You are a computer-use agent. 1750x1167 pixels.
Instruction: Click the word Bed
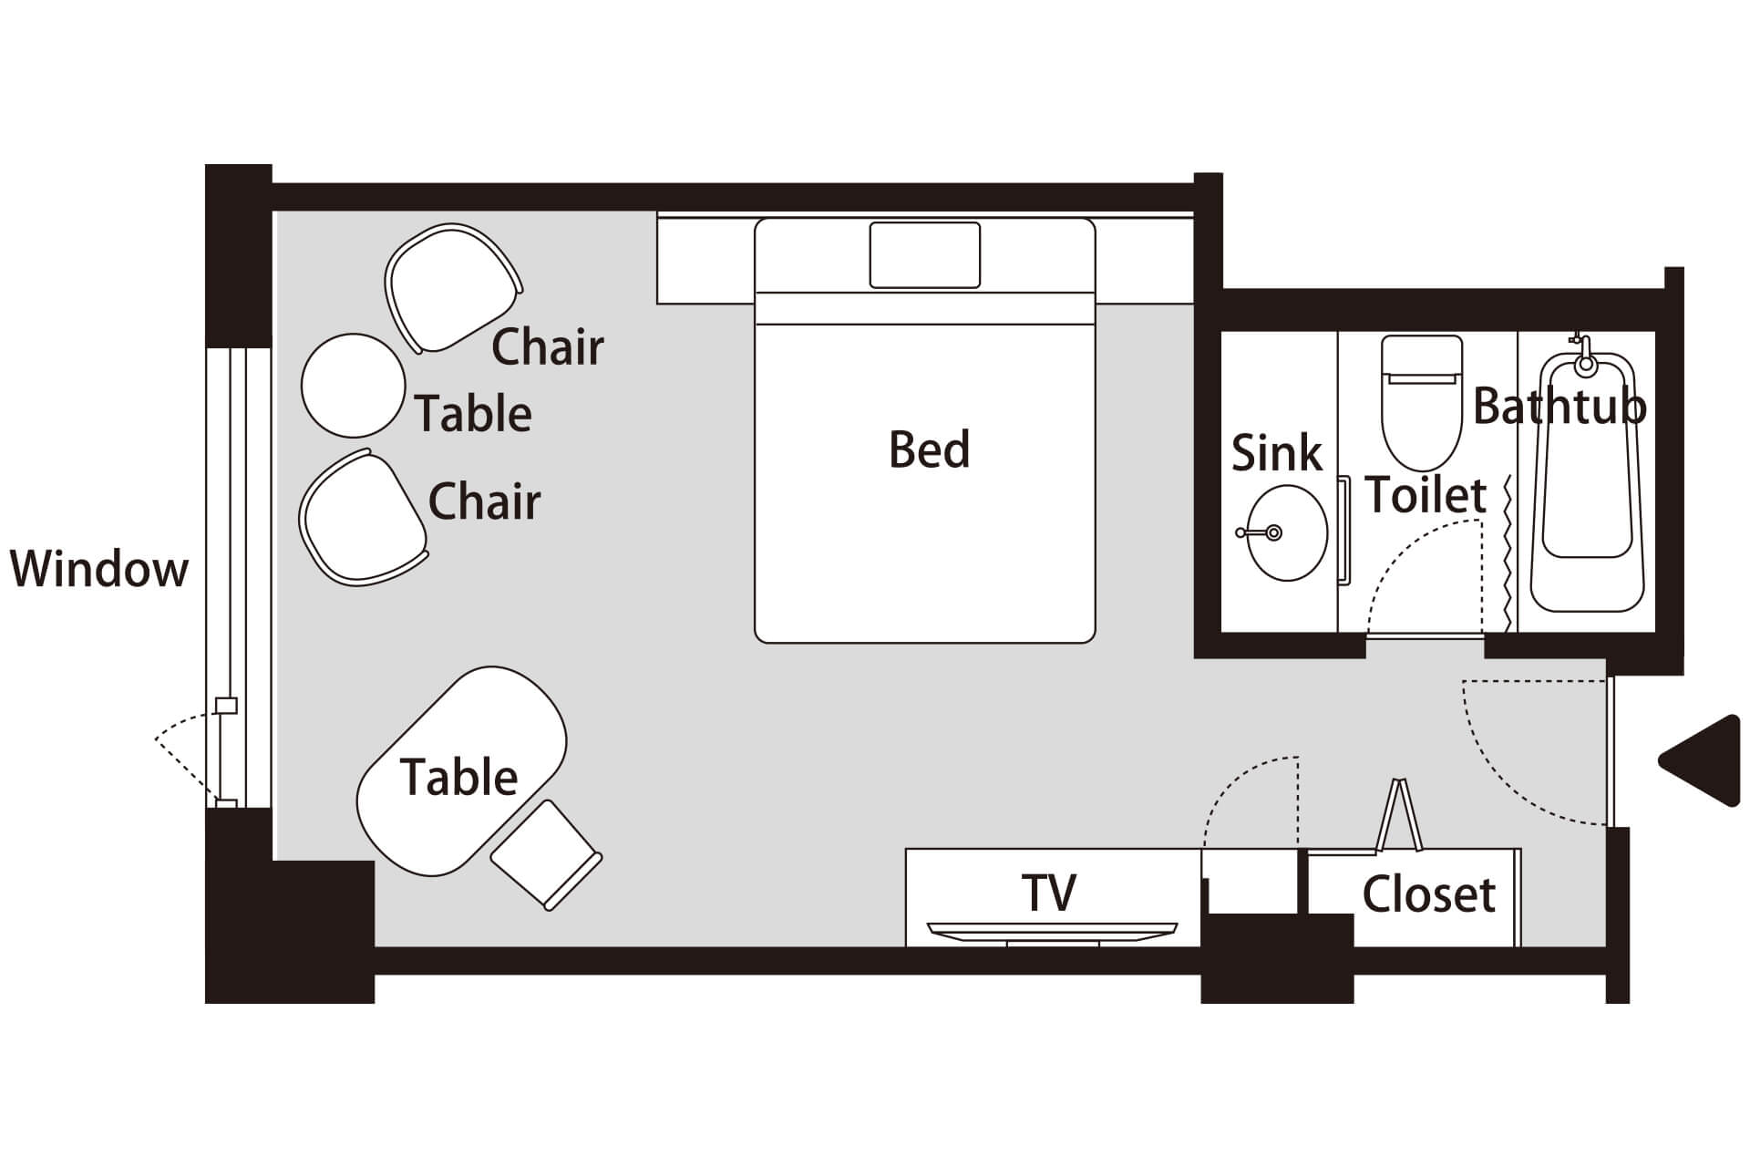click(x=929, y=449)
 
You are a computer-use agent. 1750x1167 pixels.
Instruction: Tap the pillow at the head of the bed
click(x=924, y=254)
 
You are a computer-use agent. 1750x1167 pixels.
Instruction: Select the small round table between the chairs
click(x=353, y=385)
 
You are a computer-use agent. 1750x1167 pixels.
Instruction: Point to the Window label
click(x=98, y=569)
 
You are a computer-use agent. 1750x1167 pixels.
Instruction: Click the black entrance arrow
click(x=1703, y=760)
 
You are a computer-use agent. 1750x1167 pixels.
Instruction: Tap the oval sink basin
click(x=1286, y=533)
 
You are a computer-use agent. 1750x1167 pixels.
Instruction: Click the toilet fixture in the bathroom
click(x=1422, y=401)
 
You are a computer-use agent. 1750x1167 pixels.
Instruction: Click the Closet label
click(x=1428, y=895)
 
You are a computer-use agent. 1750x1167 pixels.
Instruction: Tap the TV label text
click(x=1048, y=893)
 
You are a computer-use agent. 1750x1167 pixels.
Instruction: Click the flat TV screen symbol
click(x=1052, y=931)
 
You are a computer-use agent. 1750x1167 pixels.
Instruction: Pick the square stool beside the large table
click(x=546, y=854)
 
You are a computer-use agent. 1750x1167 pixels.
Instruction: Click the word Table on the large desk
click(x=458, y=778)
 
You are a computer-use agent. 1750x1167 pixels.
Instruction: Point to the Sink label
click(x=1276, y=453)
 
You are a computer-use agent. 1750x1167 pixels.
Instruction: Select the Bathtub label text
click(x=1560, y=407)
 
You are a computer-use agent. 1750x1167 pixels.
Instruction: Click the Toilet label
click(x=1426, y=495)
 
